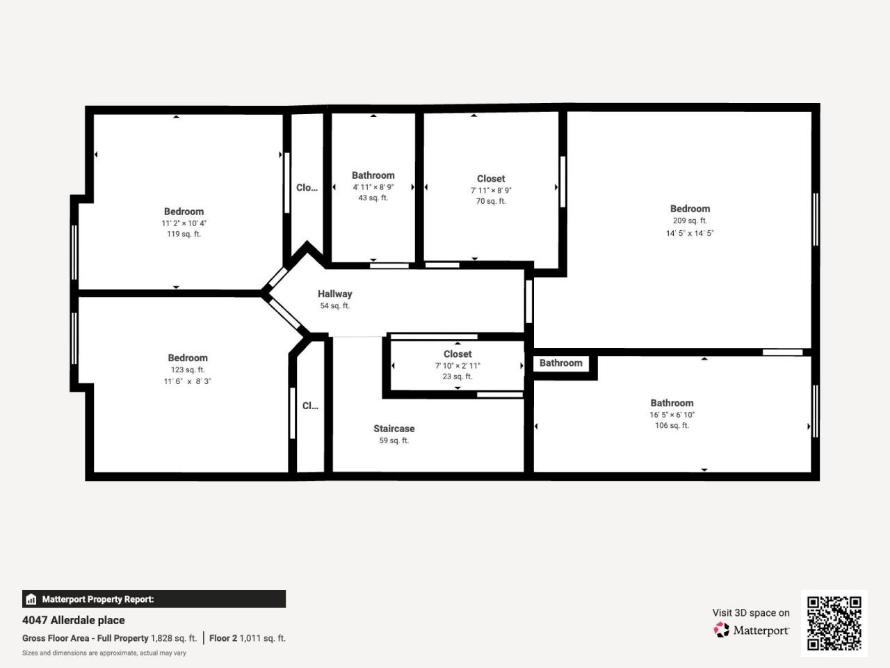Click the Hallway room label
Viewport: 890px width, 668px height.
coord(334,294)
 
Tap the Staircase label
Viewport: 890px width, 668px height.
coord(394,429)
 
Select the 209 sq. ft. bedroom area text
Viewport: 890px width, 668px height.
coord(689,221)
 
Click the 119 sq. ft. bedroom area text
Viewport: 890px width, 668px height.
coord(184,234)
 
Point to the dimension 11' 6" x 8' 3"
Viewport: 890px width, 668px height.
coord(187,381)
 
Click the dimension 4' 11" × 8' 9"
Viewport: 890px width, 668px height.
coord(373,187)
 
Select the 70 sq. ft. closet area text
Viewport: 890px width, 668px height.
coord(490,202)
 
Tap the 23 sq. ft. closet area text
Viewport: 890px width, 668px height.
coord(457,376)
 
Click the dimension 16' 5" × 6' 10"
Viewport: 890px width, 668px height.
coord(672,415)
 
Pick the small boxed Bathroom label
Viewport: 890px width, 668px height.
coord(560,363)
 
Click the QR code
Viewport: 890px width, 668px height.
coord(834,623)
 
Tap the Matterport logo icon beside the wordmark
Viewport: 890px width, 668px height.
coord(721,630)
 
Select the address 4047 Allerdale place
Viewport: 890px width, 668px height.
coord(74,620)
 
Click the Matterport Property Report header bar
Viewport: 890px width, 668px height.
coord(154,599)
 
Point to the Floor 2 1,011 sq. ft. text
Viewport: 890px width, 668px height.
coord(247,638)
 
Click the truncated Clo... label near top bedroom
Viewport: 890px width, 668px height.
coord(307,187)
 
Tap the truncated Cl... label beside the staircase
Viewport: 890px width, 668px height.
coord(310,406)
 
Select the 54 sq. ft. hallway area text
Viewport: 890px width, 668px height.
coord(334,306)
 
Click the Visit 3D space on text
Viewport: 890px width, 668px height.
coord(750,612)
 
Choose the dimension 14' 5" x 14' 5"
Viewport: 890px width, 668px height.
coord(689,233)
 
